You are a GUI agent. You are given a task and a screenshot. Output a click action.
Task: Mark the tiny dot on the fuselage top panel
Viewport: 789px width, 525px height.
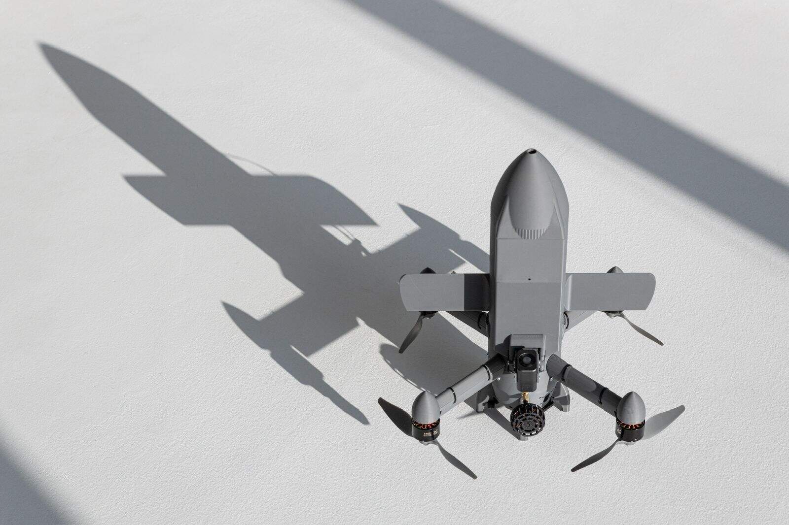coord(529,279)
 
